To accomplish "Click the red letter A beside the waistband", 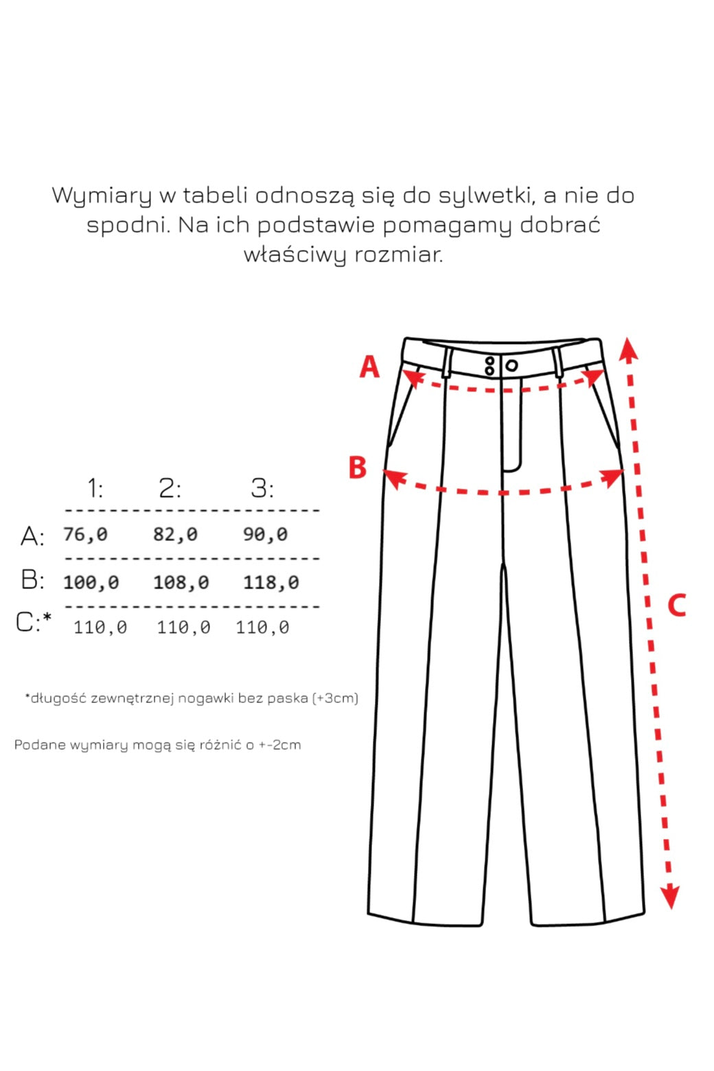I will pyautogui.click(x=369, y=367).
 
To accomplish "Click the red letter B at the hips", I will pyautogui.click(x=358, y=468).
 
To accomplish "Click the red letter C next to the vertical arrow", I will pyautogui.click(x=676, y=606).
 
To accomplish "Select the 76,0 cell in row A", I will pyautogui.click(x=85, y=534).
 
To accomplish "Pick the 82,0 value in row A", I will pyautogui.click(x=175, y=534).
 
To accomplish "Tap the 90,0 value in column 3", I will pyautogui.click(x=265, y=534).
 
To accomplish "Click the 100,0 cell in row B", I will pyautogui.click(x=91, y=582).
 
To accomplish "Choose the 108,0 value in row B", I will pyautogui.click(x=181, y=582).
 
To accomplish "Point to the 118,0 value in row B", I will pyautogui.click(x=270, y=582).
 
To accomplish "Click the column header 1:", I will pyautogui.click(x=95, y=488).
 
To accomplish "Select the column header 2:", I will pyautogui.click(x=170, y=488).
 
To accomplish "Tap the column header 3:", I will pyautogui.click(x=262, y=488).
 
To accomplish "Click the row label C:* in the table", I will pyautogui.click(x=33, y=622).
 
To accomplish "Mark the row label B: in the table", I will pyautogui.click(x=32, y=580).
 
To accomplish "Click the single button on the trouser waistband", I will pyautogui.click(x=511, y=365).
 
